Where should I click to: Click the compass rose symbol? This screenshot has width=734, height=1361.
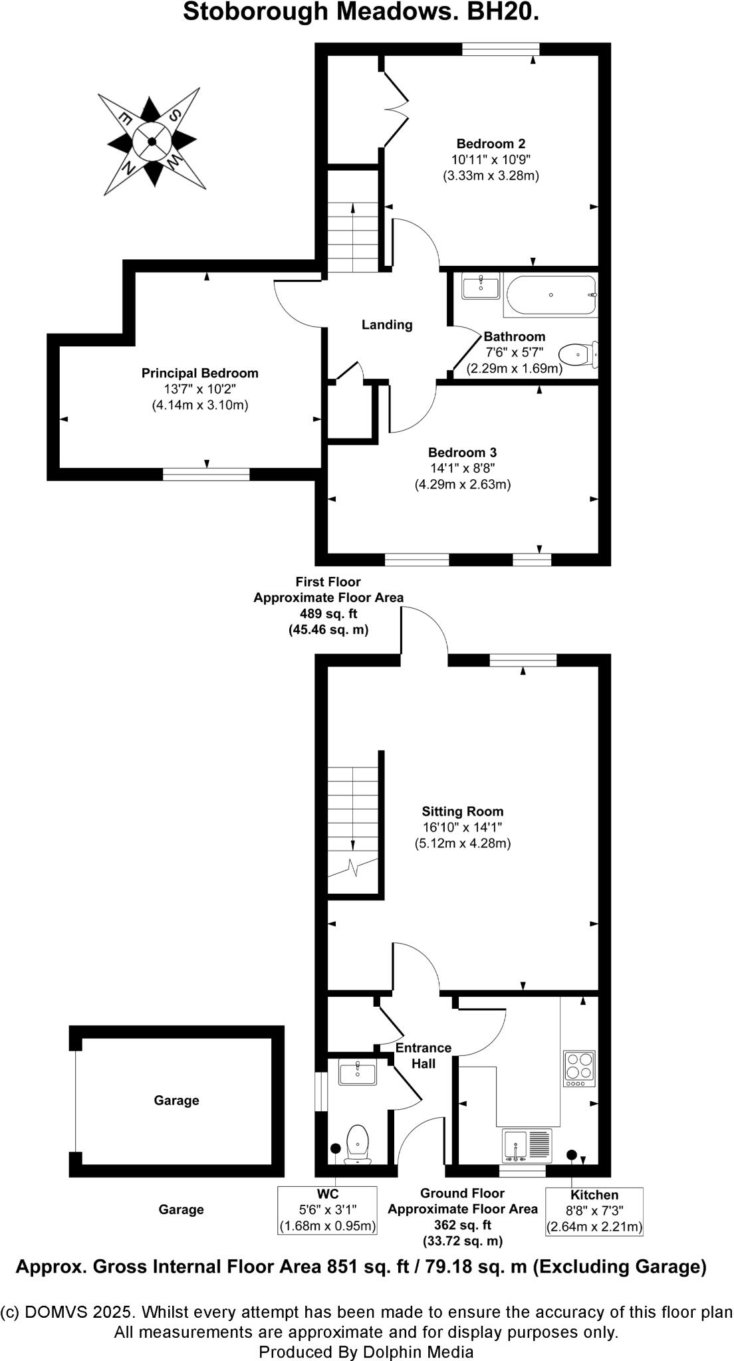pos(152,140)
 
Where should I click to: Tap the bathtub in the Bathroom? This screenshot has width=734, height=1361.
pos(550,296)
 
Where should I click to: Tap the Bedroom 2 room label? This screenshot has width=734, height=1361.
pos(491,144)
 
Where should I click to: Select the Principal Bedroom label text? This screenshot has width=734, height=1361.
pos(199,373)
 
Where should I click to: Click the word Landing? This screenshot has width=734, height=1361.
pos(387,325)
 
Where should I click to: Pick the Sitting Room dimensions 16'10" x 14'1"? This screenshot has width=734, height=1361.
pos(462,827)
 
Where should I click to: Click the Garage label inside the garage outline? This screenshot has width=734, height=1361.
pos(176,1100)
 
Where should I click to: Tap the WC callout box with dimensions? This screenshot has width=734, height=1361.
pos(327,1210)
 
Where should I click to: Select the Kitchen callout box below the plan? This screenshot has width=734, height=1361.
pos(594,1211)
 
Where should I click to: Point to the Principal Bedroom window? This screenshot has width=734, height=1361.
pos(206,474)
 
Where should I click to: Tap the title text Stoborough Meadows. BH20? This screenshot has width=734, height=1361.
pos(360,13)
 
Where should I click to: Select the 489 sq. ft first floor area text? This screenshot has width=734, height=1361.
pos(328,613)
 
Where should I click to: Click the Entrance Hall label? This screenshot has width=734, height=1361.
pos(423,1055)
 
